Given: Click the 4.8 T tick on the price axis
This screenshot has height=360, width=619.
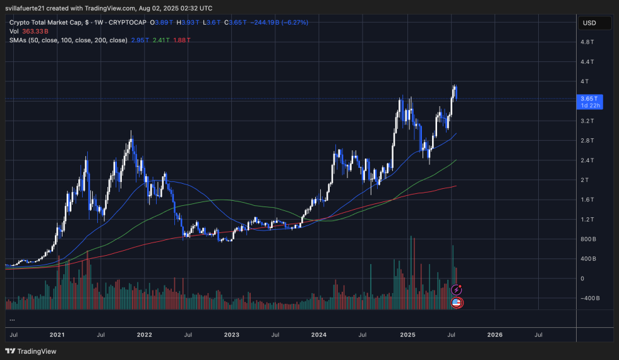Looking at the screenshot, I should tap(587, 42).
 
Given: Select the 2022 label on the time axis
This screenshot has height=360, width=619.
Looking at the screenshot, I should tap(144, 335).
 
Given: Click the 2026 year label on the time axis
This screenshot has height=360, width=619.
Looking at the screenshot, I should tap(495, 335).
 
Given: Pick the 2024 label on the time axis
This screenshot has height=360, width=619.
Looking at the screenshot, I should tap(320, 335).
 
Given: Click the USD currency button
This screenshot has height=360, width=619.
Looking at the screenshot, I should tap(589, 23).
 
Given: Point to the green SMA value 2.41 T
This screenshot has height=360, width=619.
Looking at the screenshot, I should tap(160, 40).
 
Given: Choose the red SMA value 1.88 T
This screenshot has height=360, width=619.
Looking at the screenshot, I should tap(181, 40).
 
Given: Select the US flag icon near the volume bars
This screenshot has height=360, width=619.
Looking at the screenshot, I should tap(457, 303).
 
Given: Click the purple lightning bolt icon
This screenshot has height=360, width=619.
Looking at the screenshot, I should tap(457, 290).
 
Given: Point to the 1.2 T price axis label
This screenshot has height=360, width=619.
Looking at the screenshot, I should tap(587, 219).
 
